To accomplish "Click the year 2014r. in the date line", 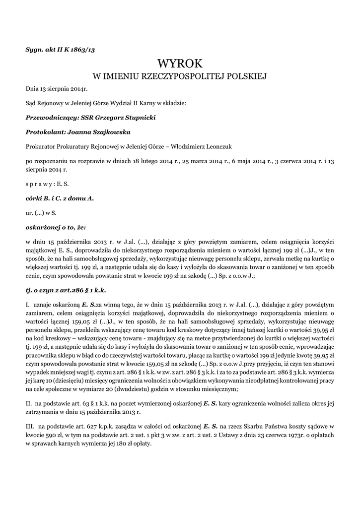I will [x=77, y=89].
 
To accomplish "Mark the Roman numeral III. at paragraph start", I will [x=30, y=426].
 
